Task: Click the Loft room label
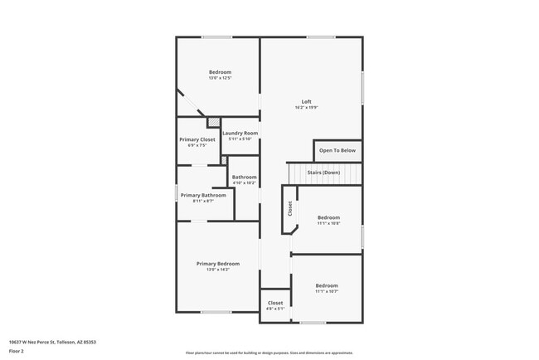[307, 102]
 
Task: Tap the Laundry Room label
[240, 133]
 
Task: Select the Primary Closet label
[197, 139]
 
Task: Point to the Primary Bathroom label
[203, 195]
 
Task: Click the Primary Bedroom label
[218, 264]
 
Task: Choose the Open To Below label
[337, 151]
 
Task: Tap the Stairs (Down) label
[324, 172]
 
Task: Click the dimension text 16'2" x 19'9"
[307, 108]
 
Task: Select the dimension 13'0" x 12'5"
[220, 79]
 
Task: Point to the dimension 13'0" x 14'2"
[218, 270]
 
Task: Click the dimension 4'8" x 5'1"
[275, 309]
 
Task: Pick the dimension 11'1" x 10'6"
[328, 223]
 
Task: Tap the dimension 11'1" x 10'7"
[327, 291]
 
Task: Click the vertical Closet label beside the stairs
[290, 209]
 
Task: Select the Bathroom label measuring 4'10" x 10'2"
[244, 177]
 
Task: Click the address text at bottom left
[52, 342]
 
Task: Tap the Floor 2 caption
[17, 352]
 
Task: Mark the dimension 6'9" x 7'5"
[197, 145]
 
